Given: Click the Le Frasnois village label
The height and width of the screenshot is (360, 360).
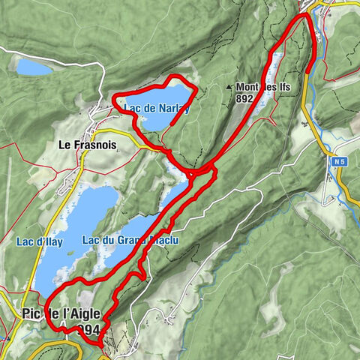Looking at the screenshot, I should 86,146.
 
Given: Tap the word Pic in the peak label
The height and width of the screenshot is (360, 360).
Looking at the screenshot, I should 31,313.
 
